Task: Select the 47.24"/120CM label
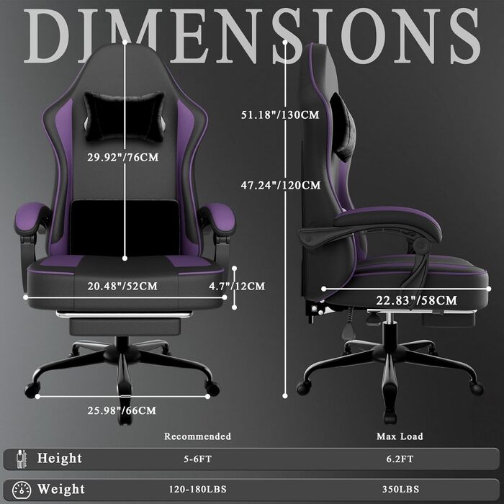(x=280, y=185)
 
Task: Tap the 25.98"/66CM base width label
(x=121, y=410)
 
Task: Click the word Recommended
(x=197, y=436)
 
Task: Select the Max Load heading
(x=400, y=436)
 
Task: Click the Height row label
(x=60, y=458)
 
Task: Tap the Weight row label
(x=60, y=490)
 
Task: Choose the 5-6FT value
(x=197, y=459)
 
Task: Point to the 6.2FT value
(x=400, y=459)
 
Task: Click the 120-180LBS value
(x=197, y=490)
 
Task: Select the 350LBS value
(x=400, y=490)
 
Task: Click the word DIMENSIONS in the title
(x=252, y=34)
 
